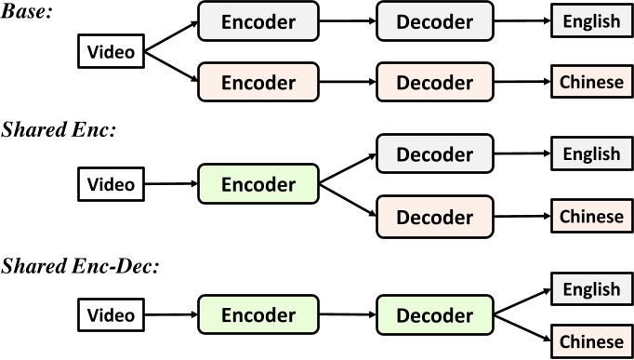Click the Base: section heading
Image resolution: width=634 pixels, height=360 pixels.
(29, 15)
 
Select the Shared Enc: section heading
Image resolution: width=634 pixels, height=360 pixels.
(58, 131)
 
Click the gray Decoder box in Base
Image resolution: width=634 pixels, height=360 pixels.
(435, 20)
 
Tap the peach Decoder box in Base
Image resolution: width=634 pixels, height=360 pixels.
(435, 83)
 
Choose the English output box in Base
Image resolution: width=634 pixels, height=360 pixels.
(590, 20)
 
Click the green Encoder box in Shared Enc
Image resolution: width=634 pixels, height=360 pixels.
(258, 183)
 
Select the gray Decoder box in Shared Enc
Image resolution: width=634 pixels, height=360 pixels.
(435, 153)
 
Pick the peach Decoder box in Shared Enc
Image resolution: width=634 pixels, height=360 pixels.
(435, 216)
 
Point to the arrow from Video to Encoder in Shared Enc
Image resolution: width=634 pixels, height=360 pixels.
(169, 183)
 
